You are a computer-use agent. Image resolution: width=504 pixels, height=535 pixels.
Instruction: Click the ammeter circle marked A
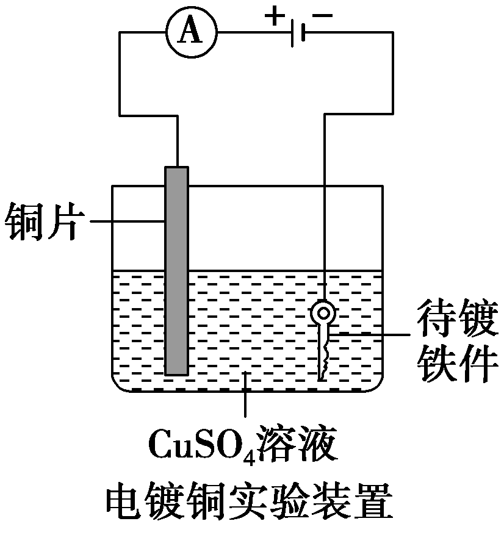tap(192, 34)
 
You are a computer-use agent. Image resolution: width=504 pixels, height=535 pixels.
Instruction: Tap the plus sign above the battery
tap(275, 16)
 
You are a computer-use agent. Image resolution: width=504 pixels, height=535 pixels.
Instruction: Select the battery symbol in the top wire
tap(298, 34)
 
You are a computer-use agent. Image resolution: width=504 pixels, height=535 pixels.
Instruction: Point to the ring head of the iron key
tap(322, 312)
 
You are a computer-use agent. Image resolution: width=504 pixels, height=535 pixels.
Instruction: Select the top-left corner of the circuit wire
tap(119, 34)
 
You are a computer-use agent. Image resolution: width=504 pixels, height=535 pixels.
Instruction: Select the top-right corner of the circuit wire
tap(391, 34)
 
